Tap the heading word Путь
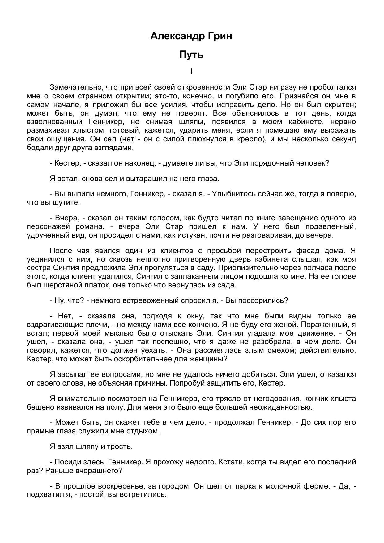(191, 55)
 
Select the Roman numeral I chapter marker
(191, 72)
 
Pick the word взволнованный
(54, 122)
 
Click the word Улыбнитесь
(234, 194)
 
